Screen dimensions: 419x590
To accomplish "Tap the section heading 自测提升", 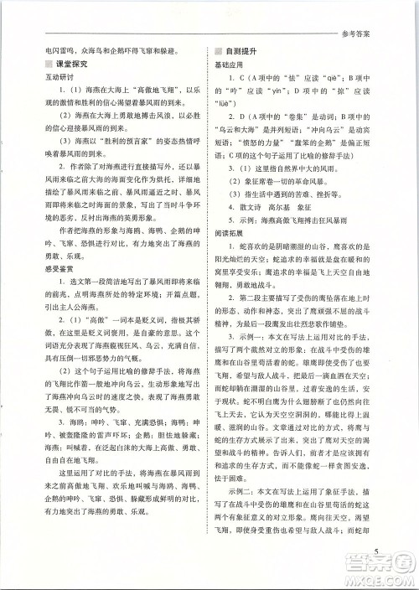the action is [241, 50].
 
